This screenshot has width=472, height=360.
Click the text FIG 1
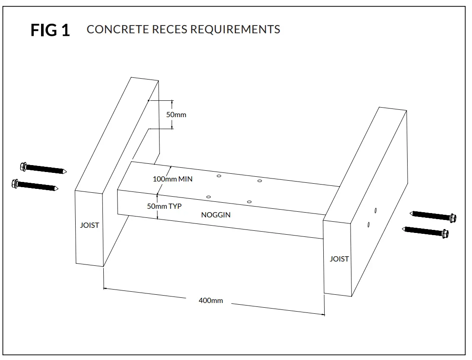[50, 30]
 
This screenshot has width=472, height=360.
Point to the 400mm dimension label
[210, 300]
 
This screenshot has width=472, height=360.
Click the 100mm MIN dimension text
[172, 179]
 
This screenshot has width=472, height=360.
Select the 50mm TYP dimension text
[164, 206]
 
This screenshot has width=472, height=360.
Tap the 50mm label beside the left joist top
[176, 115]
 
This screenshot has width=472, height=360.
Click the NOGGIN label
[216, 215]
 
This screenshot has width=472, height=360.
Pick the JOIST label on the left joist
[89, 225]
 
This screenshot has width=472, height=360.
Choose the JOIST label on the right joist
[339, 259]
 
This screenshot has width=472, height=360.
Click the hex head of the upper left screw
[24, 166]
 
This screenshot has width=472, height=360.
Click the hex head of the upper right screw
[453, 218]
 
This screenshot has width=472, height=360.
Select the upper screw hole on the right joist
[376, 210]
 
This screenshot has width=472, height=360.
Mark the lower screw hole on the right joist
[368, 224]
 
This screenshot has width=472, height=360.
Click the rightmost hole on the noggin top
[259, 181]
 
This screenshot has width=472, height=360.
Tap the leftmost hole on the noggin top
[208, 197]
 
